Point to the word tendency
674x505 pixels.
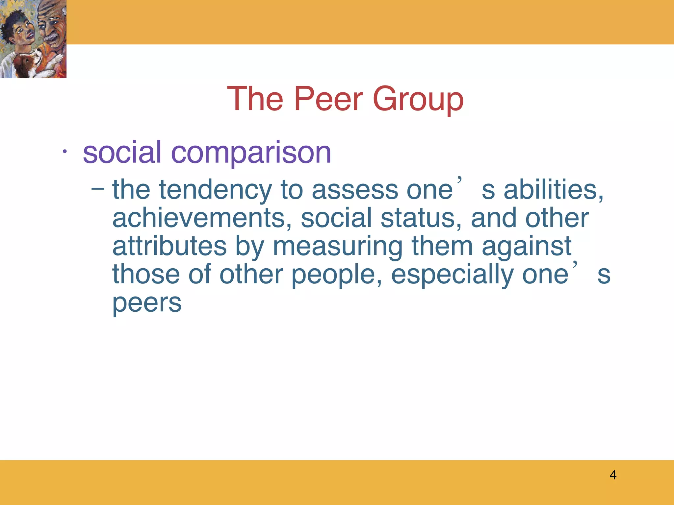click(x=215, y=191)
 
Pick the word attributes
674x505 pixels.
click(x=169, y=247)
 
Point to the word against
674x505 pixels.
click(x=527, y=247)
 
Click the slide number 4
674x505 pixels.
click(x=613, y=475)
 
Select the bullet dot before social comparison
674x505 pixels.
click(x=65, y=152)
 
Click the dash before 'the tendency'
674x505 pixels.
click(x=98, y=189)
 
